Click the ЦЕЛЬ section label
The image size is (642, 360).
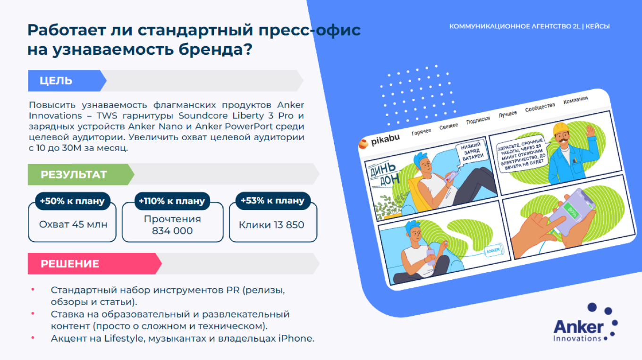(56, 81)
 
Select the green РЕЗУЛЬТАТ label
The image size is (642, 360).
(74, 175)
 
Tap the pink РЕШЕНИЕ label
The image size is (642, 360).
(70, 264)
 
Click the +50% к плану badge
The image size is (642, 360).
(72, 201)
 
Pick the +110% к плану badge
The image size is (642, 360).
(172, 201)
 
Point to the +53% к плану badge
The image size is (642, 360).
(272, 201)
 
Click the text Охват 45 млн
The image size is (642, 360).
(73, 225)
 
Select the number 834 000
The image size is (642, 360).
(172, 231)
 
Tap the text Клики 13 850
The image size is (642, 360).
(271, 225)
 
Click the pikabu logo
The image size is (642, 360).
(380, 141)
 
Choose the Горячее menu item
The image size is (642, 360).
(421, 132)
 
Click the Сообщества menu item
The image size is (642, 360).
(540, 107)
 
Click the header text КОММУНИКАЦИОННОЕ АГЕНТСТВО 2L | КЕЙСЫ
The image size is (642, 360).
(529, 26)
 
